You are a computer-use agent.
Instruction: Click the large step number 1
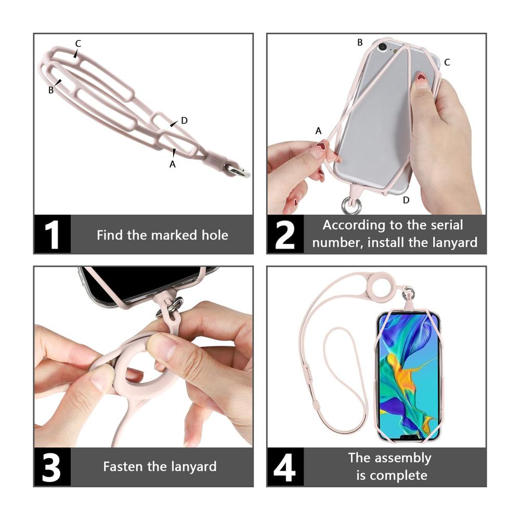51,235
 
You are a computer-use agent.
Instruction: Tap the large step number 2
285,235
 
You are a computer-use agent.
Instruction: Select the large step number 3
51,468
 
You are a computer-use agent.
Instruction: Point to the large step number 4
284,468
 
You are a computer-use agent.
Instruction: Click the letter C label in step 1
78,44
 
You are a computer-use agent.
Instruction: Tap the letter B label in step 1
51,90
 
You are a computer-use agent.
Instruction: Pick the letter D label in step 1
185,121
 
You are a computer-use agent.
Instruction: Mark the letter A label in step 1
173,164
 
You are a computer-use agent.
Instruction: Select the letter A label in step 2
318,131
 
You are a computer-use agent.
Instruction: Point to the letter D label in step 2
406,200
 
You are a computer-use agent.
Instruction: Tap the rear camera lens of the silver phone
383,47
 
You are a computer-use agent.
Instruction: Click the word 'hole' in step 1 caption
215,235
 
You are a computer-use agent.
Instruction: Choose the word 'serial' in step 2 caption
446,225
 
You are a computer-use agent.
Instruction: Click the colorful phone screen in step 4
409,377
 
